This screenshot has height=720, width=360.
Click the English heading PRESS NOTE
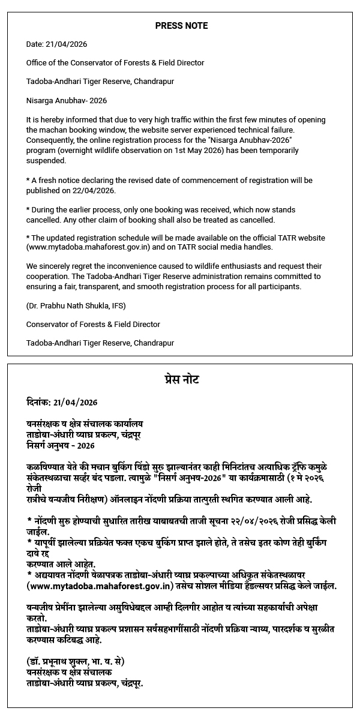click(x=181, y=26)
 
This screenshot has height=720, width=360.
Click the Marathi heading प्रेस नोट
click(x=181, y=380)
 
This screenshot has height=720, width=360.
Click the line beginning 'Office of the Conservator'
click(x=115, y=62)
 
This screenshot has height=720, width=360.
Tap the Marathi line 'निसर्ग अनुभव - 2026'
click(x=61, y=446)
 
